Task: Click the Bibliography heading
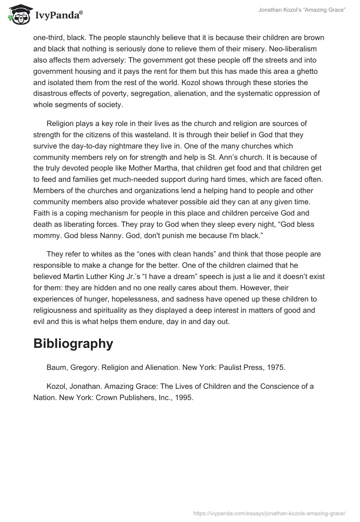click(73, 344)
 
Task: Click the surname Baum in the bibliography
click(56, 368)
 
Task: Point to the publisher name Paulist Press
click(231, 368)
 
